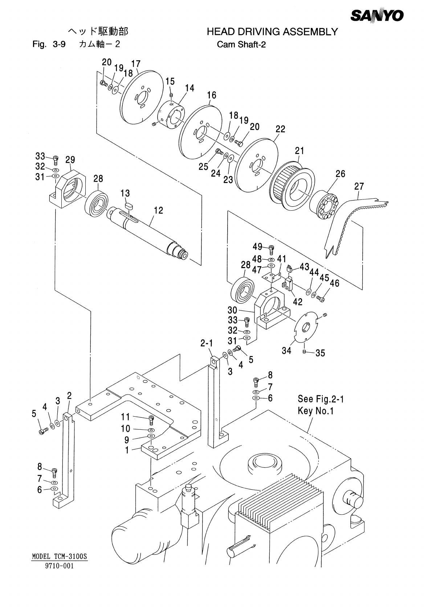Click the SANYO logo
[377, 16]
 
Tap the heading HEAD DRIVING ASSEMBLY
[272, 32]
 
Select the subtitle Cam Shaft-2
[241, 44]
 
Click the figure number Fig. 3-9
[49, 44]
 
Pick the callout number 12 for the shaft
[158, 210]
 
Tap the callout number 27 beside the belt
[359, 186]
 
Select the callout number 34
[286, 351]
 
